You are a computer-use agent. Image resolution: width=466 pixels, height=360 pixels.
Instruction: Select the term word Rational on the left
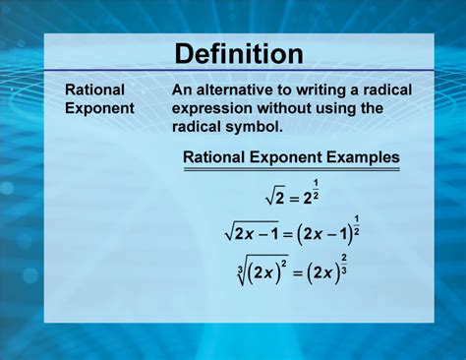coord(94,90)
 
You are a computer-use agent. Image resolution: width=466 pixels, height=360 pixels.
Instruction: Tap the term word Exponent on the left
coord(99,108)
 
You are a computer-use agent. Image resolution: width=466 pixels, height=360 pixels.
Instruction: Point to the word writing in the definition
coord(331,90)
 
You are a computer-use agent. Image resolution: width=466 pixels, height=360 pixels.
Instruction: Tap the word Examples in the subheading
coord(362,156)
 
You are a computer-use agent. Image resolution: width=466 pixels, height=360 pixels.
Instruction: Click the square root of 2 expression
coord(275,197)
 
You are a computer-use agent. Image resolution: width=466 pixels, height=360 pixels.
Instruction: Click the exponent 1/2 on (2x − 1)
coord(355,223)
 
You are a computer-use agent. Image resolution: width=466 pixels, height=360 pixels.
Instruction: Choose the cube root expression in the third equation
coord(258,270)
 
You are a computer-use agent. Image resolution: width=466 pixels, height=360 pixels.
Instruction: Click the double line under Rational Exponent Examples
coord(291,170)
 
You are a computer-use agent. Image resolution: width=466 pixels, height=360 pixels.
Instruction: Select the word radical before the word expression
coord(387,90)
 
